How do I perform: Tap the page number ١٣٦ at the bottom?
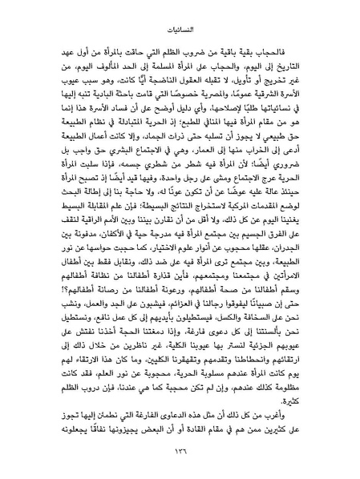180,453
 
